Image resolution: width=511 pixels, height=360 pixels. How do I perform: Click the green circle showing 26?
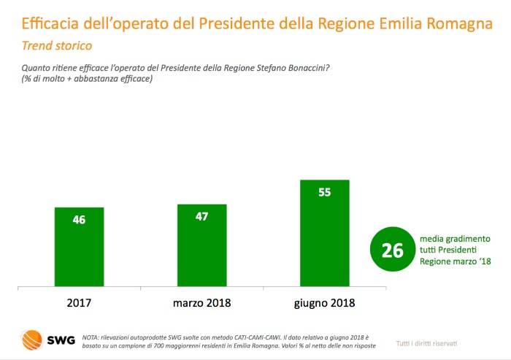coord(392,250)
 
